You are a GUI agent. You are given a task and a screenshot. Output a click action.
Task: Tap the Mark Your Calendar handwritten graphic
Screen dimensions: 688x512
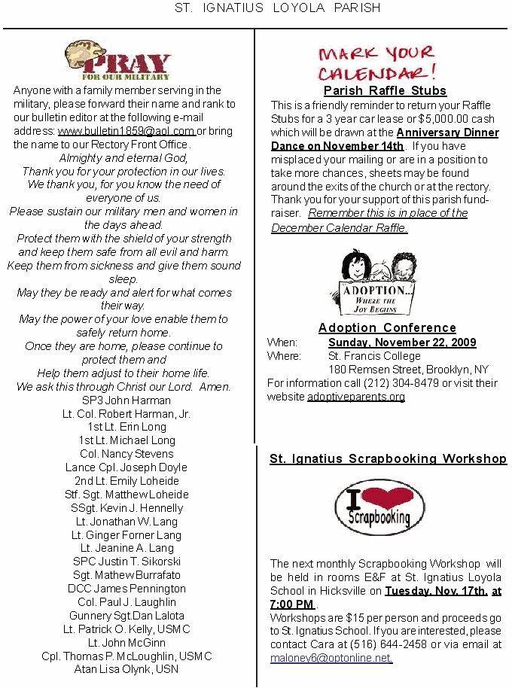coord(376,63)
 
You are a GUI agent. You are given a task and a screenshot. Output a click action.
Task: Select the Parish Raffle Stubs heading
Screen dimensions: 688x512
coord(385,91)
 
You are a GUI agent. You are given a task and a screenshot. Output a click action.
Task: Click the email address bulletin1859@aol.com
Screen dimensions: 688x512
coord(126,131)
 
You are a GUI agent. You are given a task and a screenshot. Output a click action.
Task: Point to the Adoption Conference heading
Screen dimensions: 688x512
coord(387,327)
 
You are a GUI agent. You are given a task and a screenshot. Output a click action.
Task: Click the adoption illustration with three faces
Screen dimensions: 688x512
coord(373,282)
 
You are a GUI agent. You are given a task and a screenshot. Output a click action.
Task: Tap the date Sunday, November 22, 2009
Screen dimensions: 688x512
coord(402,342)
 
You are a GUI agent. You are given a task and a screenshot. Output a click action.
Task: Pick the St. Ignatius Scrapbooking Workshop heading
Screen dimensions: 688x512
coord(388,458)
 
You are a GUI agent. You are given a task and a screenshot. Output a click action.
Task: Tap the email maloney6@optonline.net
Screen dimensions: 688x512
coord(331,658)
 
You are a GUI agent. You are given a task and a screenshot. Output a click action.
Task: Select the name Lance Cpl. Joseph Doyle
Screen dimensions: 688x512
coord(126,467)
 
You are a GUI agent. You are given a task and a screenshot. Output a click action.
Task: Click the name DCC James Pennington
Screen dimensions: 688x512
coord(126,589)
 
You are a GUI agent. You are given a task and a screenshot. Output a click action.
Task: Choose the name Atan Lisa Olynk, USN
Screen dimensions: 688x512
coord(126,669)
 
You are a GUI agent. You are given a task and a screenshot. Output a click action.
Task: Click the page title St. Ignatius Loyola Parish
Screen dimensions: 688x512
coord(277,8)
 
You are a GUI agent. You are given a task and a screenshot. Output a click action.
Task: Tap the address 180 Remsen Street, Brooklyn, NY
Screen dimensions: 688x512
coord(408,370)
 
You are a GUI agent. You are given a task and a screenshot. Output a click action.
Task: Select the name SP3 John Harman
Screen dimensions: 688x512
coord(126,400)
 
